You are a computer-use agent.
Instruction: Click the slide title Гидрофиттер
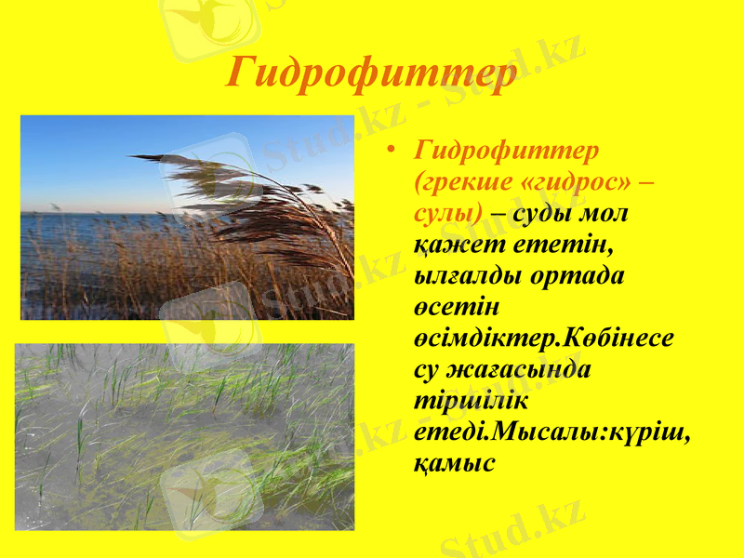pos(372,73)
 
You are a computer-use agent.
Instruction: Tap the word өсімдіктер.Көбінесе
pos(544,338)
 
